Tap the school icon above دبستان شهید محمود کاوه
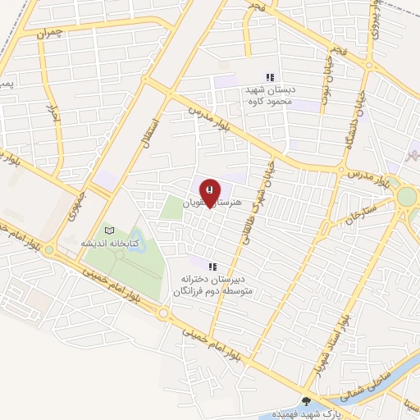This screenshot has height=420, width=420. click(270, 77)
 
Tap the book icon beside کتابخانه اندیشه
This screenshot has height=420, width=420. click(109, 231)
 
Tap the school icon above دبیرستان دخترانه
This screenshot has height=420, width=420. click(212, 266)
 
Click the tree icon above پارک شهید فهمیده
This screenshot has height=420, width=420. click(307, 401)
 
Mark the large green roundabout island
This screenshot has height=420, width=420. click(407, 199)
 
